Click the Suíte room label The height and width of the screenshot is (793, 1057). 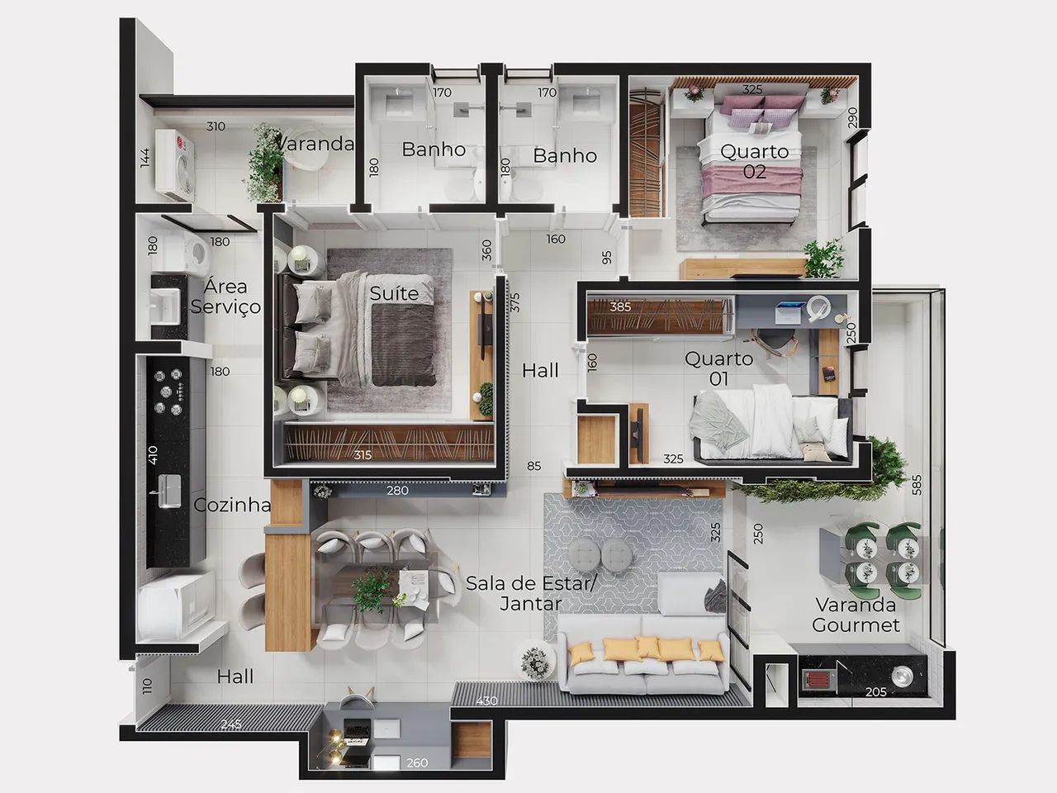click(x=394, y=293)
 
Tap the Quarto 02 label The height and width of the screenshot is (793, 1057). click(x=754, y=161)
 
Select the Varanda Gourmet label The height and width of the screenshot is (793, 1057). click(x=856, y=615)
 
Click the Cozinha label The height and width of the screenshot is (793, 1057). click(x=232, y=505)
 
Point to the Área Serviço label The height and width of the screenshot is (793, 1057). click(x=225, y=296)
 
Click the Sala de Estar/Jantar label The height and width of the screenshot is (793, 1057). click(x=531, y=593)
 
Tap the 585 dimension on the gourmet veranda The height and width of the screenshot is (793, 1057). click(x=917, y=485)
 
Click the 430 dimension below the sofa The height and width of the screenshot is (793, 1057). click(x=486, y=700)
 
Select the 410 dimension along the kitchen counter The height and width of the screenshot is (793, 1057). click(x=153, y=455)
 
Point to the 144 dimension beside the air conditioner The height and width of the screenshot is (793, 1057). click(x=145, y=158)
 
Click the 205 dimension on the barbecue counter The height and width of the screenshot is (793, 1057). click(x=876, y=692)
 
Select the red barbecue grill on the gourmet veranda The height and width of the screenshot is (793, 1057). click(x=816, y=681)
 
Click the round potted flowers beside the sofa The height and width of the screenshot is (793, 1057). click(x=534, y=662)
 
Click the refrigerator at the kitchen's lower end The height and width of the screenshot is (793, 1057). click(x=176, y=606)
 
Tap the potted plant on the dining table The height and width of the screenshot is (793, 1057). click(x=370, y=591)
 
